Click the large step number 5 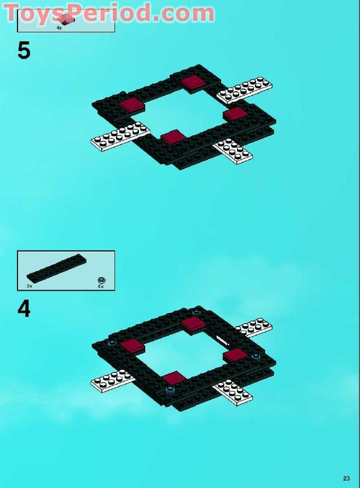(x=24, y=51)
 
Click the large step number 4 (x=24, y=309)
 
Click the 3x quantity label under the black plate (x=30, y=286)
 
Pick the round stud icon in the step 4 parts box (x=101, y=280)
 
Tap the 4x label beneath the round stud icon (x=101, y=286)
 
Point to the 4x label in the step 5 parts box (x=59, y=28)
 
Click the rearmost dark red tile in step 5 (x=193, y=81)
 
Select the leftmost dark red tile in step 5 (x=132, y=104)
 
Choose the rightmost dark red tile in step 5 (x=235, y=113)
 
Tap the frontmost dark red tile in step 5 (x=173, y=137)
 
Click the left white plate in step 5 (x=120, y=135)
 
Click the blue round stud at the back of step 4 (x=197, y=312)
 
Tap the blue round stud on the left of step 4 (x=112, y=343)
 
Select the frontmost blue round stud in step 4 (x=170, y=390)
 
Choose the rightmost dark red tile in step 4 (x=235, y=354)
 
